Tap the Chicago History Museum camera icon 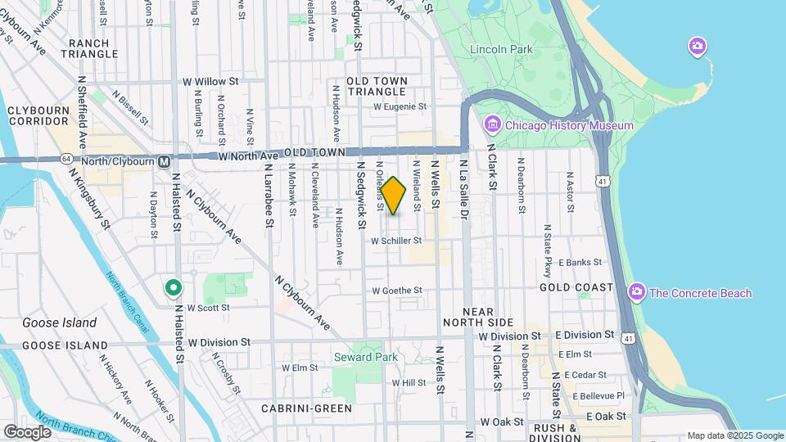pyautogui.click(x=492, y=125)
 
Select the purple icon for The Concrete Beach pyautogui.click(x=636, y=292)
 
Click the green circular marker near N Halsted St pyautogui.click(x=173, y=287)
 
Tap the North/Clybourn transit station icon pyautogui.click(x=165, y=160)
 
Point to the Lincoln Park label pyautogui.click(x=501, y=49)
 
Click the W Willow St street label pyautogui.click(x=210, y=82)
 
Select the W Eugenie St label pyautogui.click(x=400, y=106)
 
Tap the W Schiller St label pyautogui.click(x=396, y=241)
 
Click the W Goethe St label pyautogui.click(x=396, y=291)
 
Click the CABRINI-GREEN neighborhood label pyautogui.click(x=307, y=408)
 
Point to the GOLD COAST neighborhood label pyautogui.click(x=576, y=287)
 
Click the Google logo pyautogui.click(x=27, y=431)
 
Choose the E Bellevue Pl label pyautogui.click(x=598, y=395)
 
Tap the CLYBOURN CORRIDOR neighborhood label pyautogui.click(x=38, y=115)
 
